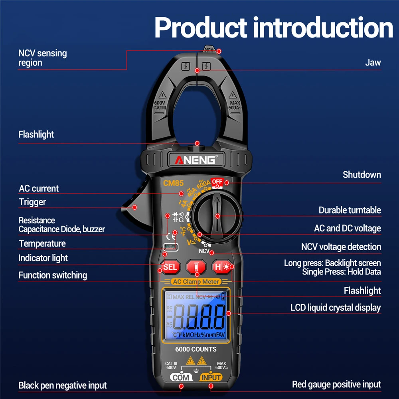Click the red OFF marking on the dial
click(x=217, y=182)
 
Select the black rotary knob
click(x=216, y=216)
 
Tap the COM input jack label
click(x=182, y=377)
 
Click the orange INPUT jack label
click(x=211, y=377)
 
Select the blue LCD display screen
click(x=196, y=315)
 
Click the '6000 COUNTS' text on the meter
click(x=196, y=350)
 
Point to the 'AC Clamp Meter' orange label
click(x=196, y=282)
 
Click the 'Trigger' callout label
click(x=32, y=202)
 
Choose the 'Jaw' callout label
click(x=373, y=62)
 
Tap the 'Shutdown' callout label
click(x=361, y=175)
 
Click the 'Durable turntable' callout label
click(x=350, y=210)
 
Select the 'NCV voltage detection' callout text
click(x=341, y=247)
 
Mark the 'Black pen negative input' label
click(x=63, y=385)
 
